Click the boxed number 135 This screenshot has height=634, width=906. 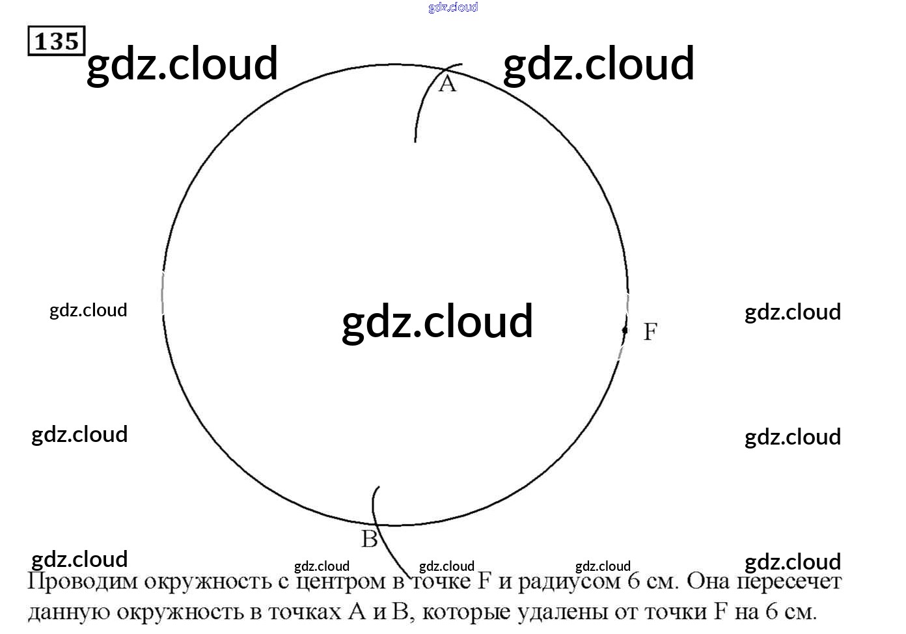(x=56, y=41)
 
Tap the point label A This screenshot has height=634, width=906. (x=447, y=84)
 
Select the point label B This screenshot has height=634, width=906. (x=369, y=539)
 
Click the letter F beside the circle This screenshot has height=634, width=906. (x=650, y=331)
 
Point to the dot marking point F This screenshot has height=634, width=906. (x=625, y=330)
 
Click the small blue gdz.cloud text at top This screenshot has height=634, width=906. (x=453, y=7)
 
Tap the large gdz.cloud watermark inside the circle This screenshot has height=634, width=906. (x=437, y=321)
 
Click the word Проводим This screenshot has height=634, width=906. (x=83, y=581)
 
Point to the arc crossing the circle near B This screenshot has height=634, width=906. (x=376, y=523)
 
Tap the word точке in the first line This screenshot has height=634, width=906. (x=441, y=581)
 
